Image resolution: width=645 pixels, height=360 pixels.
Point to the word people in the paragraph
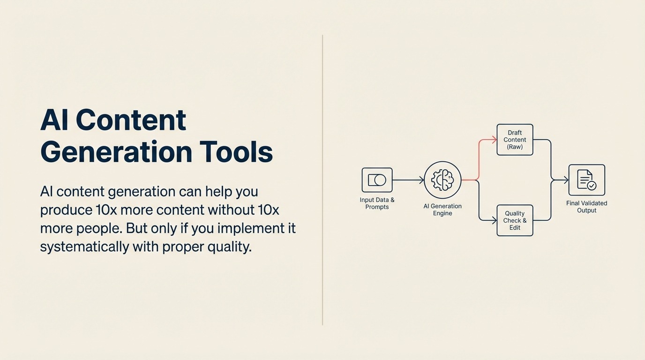94,228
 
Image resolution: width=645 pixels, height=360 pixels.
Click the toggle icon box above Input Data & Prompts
377,180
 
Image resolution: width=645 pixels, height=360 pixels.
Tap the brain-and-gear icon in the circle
442,180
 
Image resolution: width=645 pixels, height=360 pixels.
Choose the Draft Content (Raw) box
515,140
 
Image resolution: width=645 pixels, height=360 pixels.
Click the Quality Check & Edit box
515,220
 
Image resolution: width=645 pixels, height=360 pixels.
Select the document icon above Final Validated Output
586,180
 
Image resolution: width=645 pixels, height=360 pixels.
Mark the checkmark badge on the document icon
592,186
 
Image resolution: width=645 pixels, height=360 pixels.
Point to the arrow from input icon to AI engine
408,180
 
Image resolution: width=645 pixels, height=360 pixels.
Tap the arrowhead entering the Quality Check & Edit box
494,220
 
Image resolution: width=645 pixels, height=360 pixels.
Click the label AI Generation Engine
442,210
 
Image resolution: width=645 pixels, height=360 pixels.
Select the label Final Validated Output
586,207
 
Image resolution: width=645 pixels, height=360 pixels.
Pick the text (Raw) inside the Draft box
515,147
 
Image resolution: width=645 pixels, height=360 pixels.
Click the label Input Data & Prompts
377,203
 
